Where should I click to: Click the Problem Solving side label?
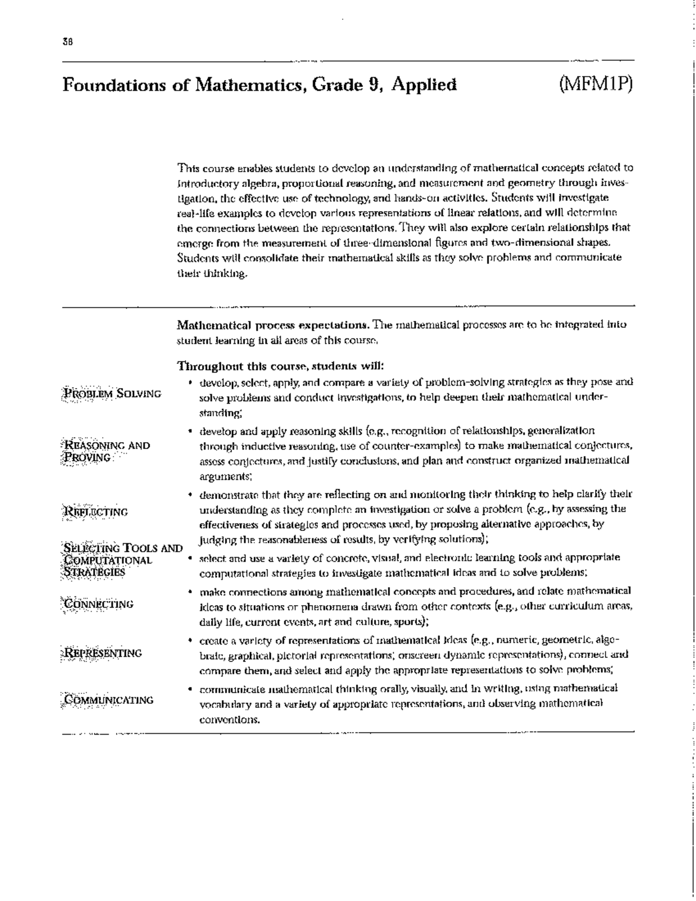click(x=111, y=394)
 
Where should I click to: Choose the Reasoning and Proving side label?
click(x=105, y=451)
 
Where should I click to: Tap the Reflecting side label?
click(x=95, y=512)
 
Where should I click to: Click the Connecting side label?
click(x=98, y=604)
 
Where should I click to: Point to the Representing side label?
click(x=102, y=653)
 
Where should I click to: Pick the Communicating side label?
click(x=107, y=700)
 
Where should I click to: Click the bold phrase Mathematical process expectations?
click(x=274, y=325)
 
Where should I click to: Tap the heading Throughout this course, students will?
click(x=280, y=367)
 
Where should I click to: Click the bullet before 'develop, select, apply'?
click(x=191, y=383)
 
